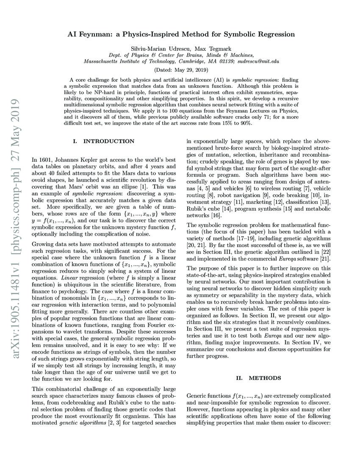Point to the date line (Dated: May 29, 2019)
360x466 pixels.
[180, 69]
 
